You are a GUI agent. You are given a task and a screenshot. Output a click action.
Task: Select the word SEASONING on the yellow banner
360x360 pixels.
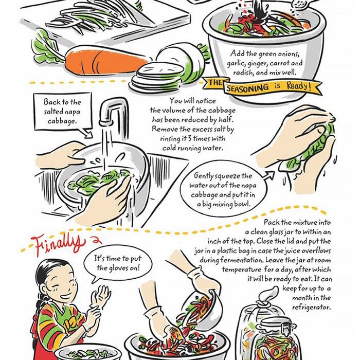pyautogui.click(x=247, y=88)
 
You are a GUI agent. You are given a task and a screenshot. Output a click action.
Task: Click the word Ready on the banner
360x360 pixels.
pyautogui.click(x=299, y=86)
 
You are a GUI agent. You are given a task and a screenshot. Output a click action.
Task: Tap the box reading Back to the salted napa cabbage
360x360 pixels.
pyautogui.click(x=62, y=111)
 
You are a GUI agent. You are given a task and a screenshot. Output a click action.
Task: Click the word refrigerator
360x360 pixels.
pyautogui.click(x=311, y=307)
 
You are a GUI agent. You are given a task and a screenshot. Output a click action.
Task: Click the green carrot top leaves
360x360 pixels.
pyautogui.click(x=47, y=47)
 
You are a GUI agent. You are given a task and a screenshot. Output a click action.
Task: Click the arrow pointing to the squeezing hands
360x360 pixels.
pyautogui.click(x=268, y=176)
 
